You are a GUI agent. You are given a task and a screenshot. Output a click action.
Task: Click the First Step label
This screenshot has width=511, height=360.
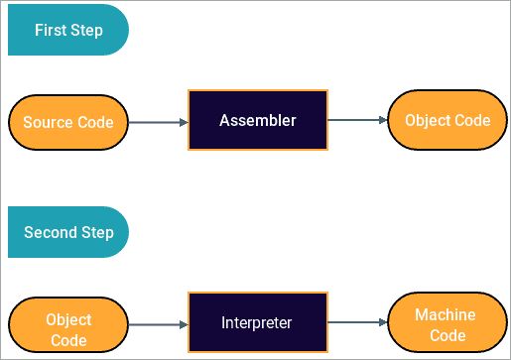[67, 30]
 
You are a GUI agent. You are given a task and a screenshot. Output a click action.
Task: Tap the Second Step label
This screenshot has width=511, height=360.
[67, 233]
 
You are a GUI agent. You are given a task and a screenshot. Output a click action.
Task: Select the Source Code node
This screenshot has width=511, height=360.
[68, 123]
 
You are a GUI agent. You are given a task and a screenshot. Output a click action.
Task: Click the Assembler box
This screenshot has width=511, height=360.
[257, 120]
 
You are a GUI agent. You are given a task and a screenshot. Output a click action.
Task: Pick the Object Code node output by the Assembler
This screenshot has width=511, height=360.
[447, 120]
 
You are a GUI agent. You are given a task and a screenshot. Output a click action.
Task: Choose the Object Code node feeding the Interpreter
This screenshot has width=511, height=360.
[68, 329]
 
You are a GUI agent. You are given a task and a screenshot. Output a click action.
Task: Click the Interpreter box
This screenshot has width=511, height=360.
[257, 323]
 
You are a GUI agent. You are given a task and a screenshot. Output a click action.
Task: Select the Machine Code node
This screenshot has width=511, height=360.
[445, 323]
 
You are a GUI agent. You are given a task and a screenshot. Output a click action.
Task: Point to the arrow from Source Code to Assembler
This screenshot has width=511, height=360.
[158, 123]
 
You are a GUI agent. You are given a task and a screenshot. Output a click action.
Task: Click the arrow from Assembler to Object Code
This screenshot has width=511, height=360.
[357, 120]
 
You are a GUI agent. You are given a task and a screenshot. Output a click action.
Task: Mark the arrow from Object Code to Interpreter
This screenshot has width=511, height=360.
[158, 324]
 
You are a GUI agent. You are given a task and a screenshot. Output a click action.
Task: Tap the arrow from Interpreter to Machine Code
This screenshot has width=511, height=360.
[357, 323]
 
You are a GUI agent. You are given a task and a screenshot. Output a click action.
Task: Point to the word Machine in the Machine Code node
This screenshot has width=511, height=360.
[445, 314]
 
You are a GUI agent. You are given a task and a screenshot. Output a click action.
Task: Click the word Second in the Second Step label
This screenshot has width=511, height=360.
[49, 233]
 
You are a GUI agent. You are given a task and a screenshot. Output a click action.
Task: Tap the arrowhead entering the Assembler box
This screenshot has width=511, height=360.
[183, 123]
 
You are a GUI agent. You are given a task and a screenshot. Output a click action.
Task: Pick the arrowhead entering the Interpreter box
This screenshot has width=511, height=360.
[183, 324]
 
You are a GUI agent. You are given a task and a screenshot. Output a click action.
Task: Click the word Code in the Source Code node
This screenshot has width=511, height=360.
[94, 123]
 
